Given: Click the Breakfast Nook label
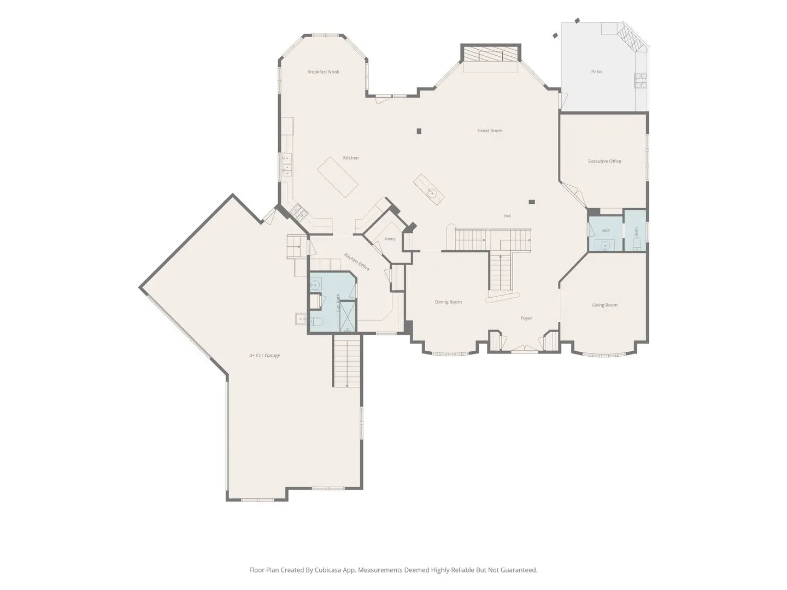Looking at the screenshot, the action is point(323,72).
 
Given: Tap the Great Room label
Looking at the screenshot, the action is point(490,131).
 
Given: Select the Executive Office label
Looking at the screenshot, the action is point(604,161).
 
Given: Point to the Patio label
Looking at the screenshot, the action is point(596,72).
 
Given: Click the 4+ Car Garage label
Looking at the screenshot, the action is point(265,356).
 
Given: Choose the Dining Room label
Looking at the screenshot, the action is point(448,302).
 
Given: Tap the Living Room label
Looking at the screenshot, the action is point(605,305).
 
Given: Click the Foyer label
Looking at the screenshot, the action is point(526,318).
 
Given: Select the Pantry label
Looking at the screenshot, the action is point(390,239).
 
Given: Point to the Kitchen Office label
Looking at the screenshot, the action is point(357,262).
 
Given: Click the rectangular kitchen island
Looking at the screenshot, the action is point(338,177).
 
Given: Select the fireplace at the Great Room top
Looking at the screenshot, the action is point(490,54).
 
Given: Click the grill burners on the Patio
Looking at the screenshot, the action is point(641,81).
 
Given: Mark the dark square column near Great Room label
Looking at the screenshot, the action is point(419,131).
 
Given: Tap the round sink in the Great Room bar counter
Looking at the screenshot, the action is point(432,193).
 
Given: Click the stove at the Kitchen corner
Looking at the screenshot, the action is point(299,212).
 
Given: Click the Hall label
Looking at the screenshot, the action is point(507,216).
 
